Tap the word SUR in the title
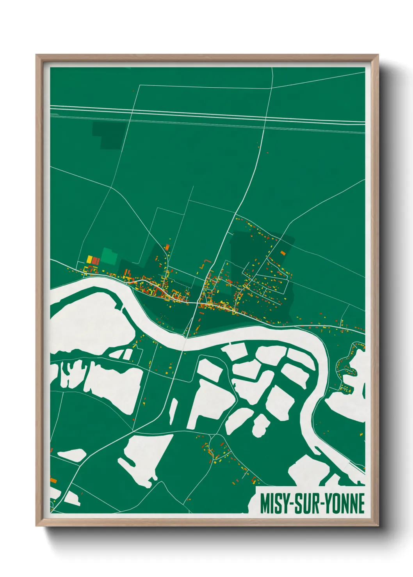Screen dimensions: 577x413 [305, 503]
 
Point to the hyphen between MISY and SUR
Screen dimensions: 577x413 [288, 504]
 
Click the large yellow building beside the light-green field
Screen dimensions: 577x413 [89, 259]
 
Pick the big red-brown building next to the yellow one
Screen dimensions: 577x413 [95, 260]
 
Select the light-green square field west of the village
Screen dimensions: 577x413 [109, 256]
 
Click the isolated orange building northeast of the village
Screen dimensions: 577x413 [283, 253]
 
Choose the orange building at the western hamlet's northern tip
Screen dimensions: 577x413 [167, 247]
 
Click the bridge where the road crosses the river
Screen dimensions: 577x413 [185, 337]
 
